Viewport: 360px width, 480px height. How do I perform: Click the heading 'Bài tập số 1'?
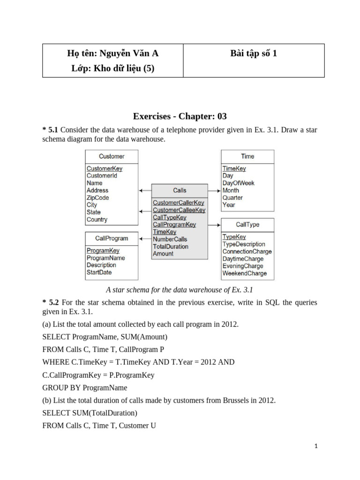[254, 53]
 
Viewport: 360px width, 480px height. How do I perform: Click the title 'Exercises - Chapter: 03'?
[180, 116]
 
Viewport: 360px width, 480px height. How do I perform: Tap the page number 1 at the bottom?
[316, 447]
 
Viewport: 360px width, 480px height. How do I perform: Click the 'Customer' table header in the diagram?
[112, 156]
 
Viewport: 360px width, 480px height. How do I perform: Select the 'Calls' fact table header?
[180, 190]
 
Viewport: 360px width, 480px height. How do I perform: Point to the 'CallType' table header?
[247, 225]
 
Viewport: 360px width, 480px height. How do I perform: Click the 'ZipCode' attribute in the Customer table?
[97, 198]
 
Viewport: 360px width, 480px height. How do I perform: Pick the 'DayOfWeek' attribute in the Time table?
[238, 183]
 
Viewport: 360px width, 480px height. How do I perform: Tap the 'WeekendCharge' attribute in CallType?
[244, 273]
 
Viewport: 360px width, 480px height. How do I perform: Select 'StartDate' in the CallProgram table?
[99, 272]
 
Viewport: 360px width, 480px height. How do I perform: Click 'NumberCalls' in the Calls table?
[170, 239]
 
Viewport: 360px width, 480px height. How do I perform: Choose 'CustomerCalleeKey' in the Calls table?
[179, 210]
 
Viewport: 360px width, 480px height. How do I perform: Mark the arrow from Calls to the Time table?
[214, 191]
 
